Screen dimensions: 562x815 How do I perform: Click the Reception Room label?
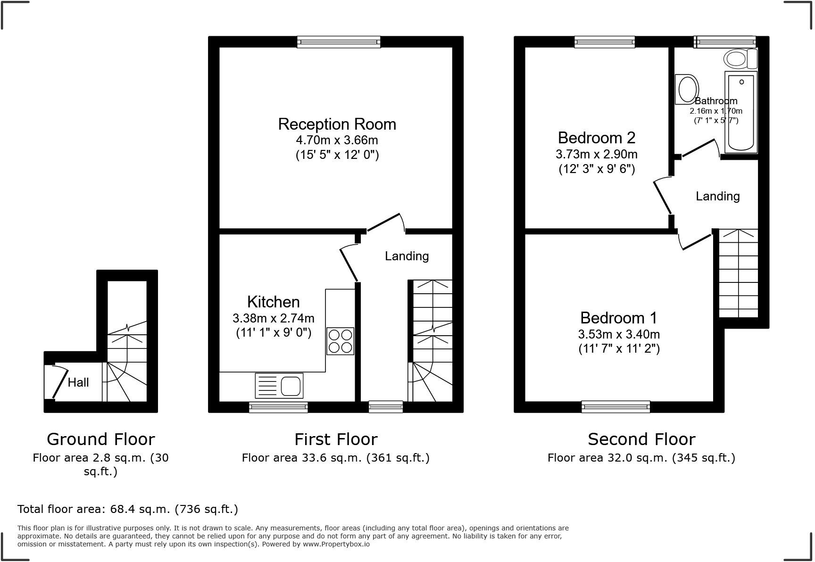pyautogui.click(x=337, y=124)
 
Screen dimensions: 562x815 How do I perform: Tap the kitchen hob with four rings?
pyautogui.click(x=340, y=341)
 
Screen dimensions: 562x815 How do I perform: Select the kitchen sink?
pyautogui.click(x=279, y=386)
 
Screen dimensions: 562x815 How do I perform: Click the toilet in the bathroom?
pyautogui.click(x=740, y=59)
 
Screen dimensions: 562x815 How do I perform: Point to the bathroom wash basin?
pyautogui.click(x=687, y=89)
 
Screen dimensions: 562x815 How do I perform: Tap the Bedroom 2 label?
pyautogui.click(x=596, y=138)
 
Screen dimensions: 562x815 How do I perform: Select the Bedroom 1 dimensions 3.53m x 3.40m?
pyautogui.click(x=619, y=334)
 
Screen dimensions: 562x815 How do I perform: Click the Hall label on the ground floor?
pyautogui.click(x=78, y=382)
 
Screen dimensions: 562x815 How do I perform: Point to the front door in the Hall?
pyautogui.click(x=60, y=383)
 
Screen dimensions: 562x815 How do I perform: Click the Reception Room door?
pyautogui.click(x=384, y=223)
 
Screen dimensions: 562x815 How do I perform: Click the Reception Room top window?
pyautogui.click(x=339, y=42)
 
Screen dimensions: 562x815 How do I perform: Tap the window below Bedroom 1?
pyautogui.click(x=615, y=406)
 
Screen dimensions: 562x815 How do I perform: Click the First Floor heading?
pyautogui.click(x=336, y=439)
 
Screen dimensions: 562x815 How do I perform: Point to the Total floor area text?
pyautogui.click(x=127, y=509)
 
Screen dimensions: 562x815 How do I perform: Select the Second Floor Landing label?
pyautogui.click(x=717, y=196)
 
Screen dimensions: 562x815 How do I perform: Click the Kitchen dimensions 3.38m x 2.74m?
pyautogui.click(x=273, y=318)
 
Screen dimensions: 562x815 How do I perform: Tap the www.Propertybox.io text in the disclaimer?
pyautogui.click(x=336, y=544)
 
